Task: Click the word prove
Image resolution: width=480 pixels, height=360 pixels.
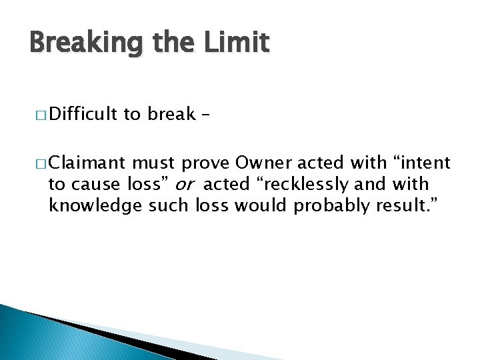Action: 197,163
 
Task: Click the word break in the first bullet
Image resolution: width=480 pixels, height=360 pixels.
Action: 171,115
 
